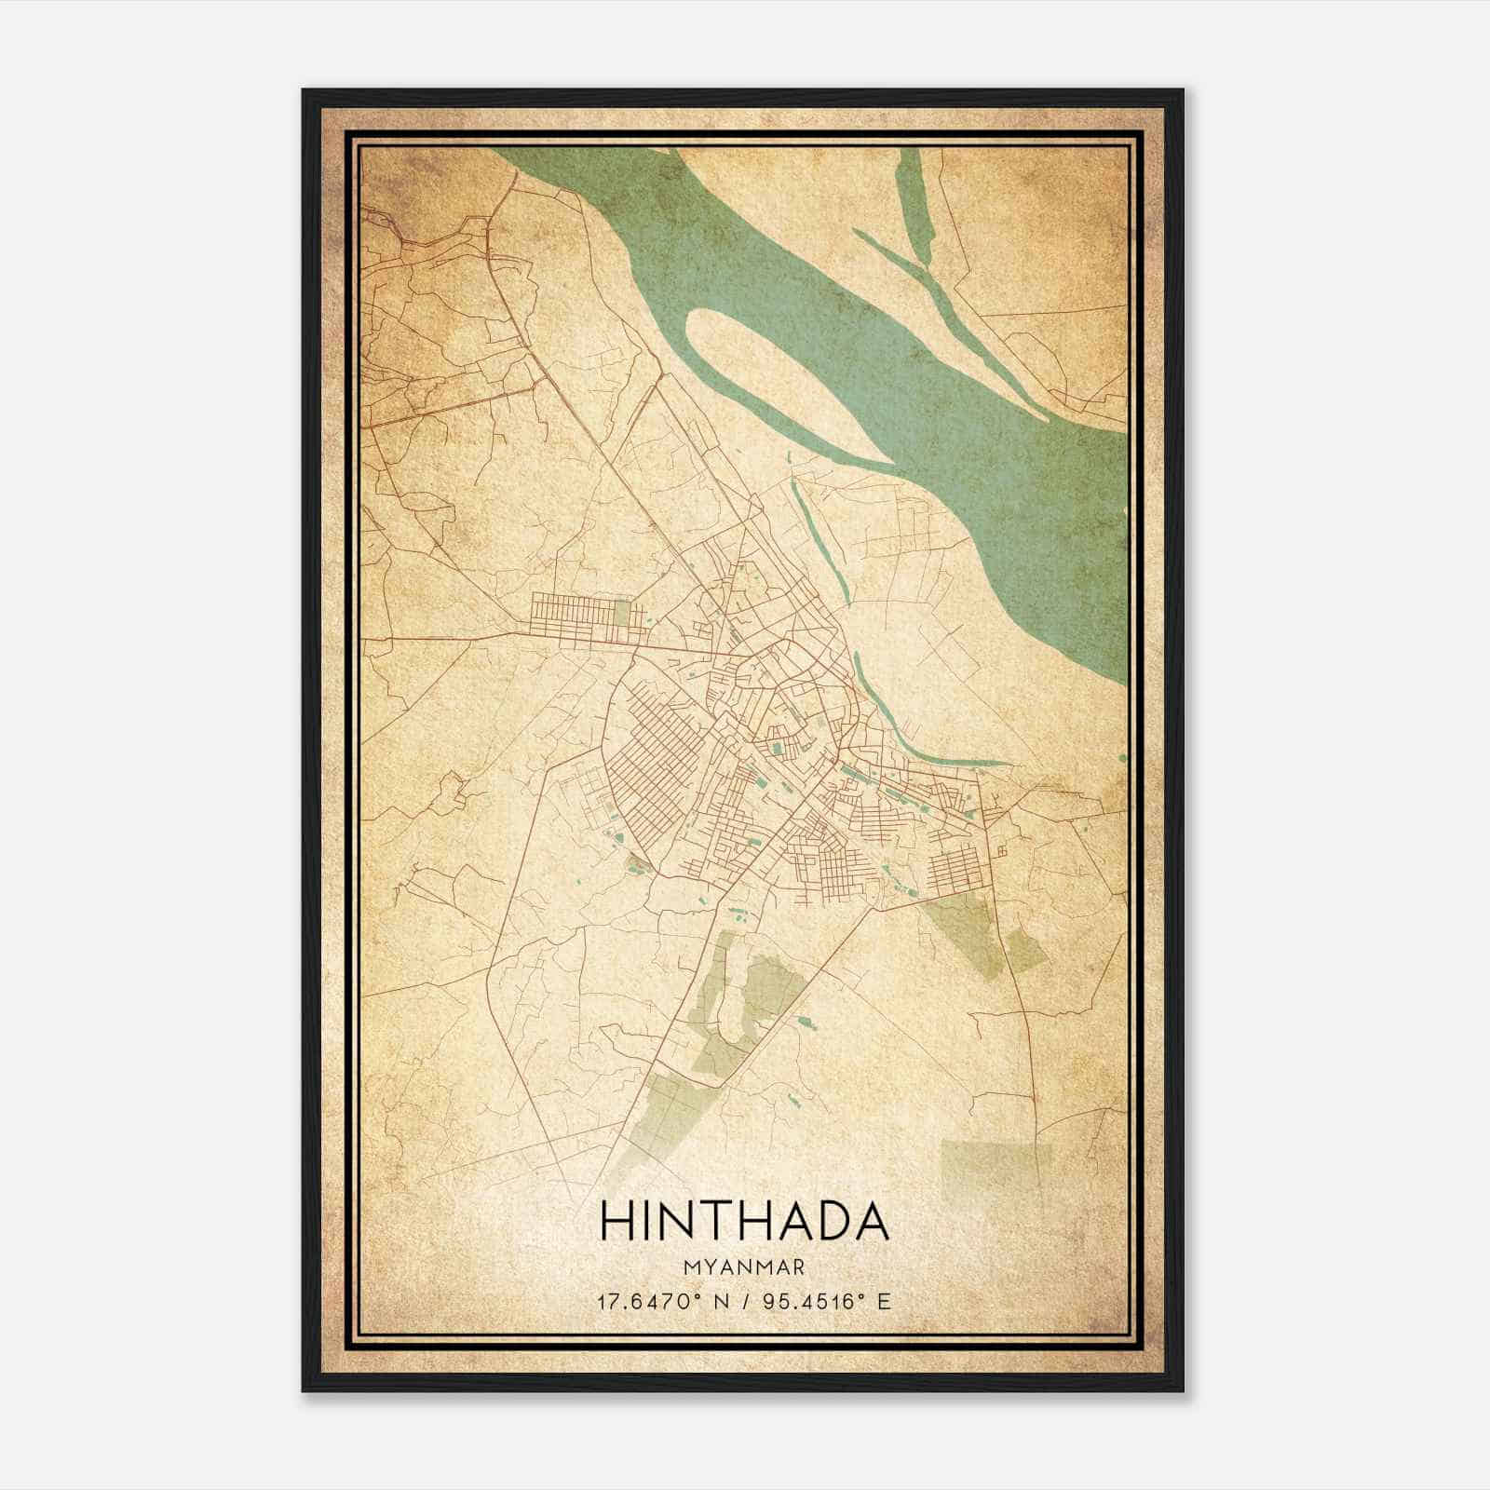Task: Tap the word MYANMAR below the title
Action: pyautogui.click(x=743, y=1266)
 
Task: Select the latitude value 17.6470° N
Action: pyautogui.click(x=664, y=1301)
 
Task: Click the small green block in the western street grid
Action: pyautogui.click(x=622, y=613)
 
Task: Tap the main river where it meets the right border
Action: pyautogui.click(x=1117, y=559)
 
